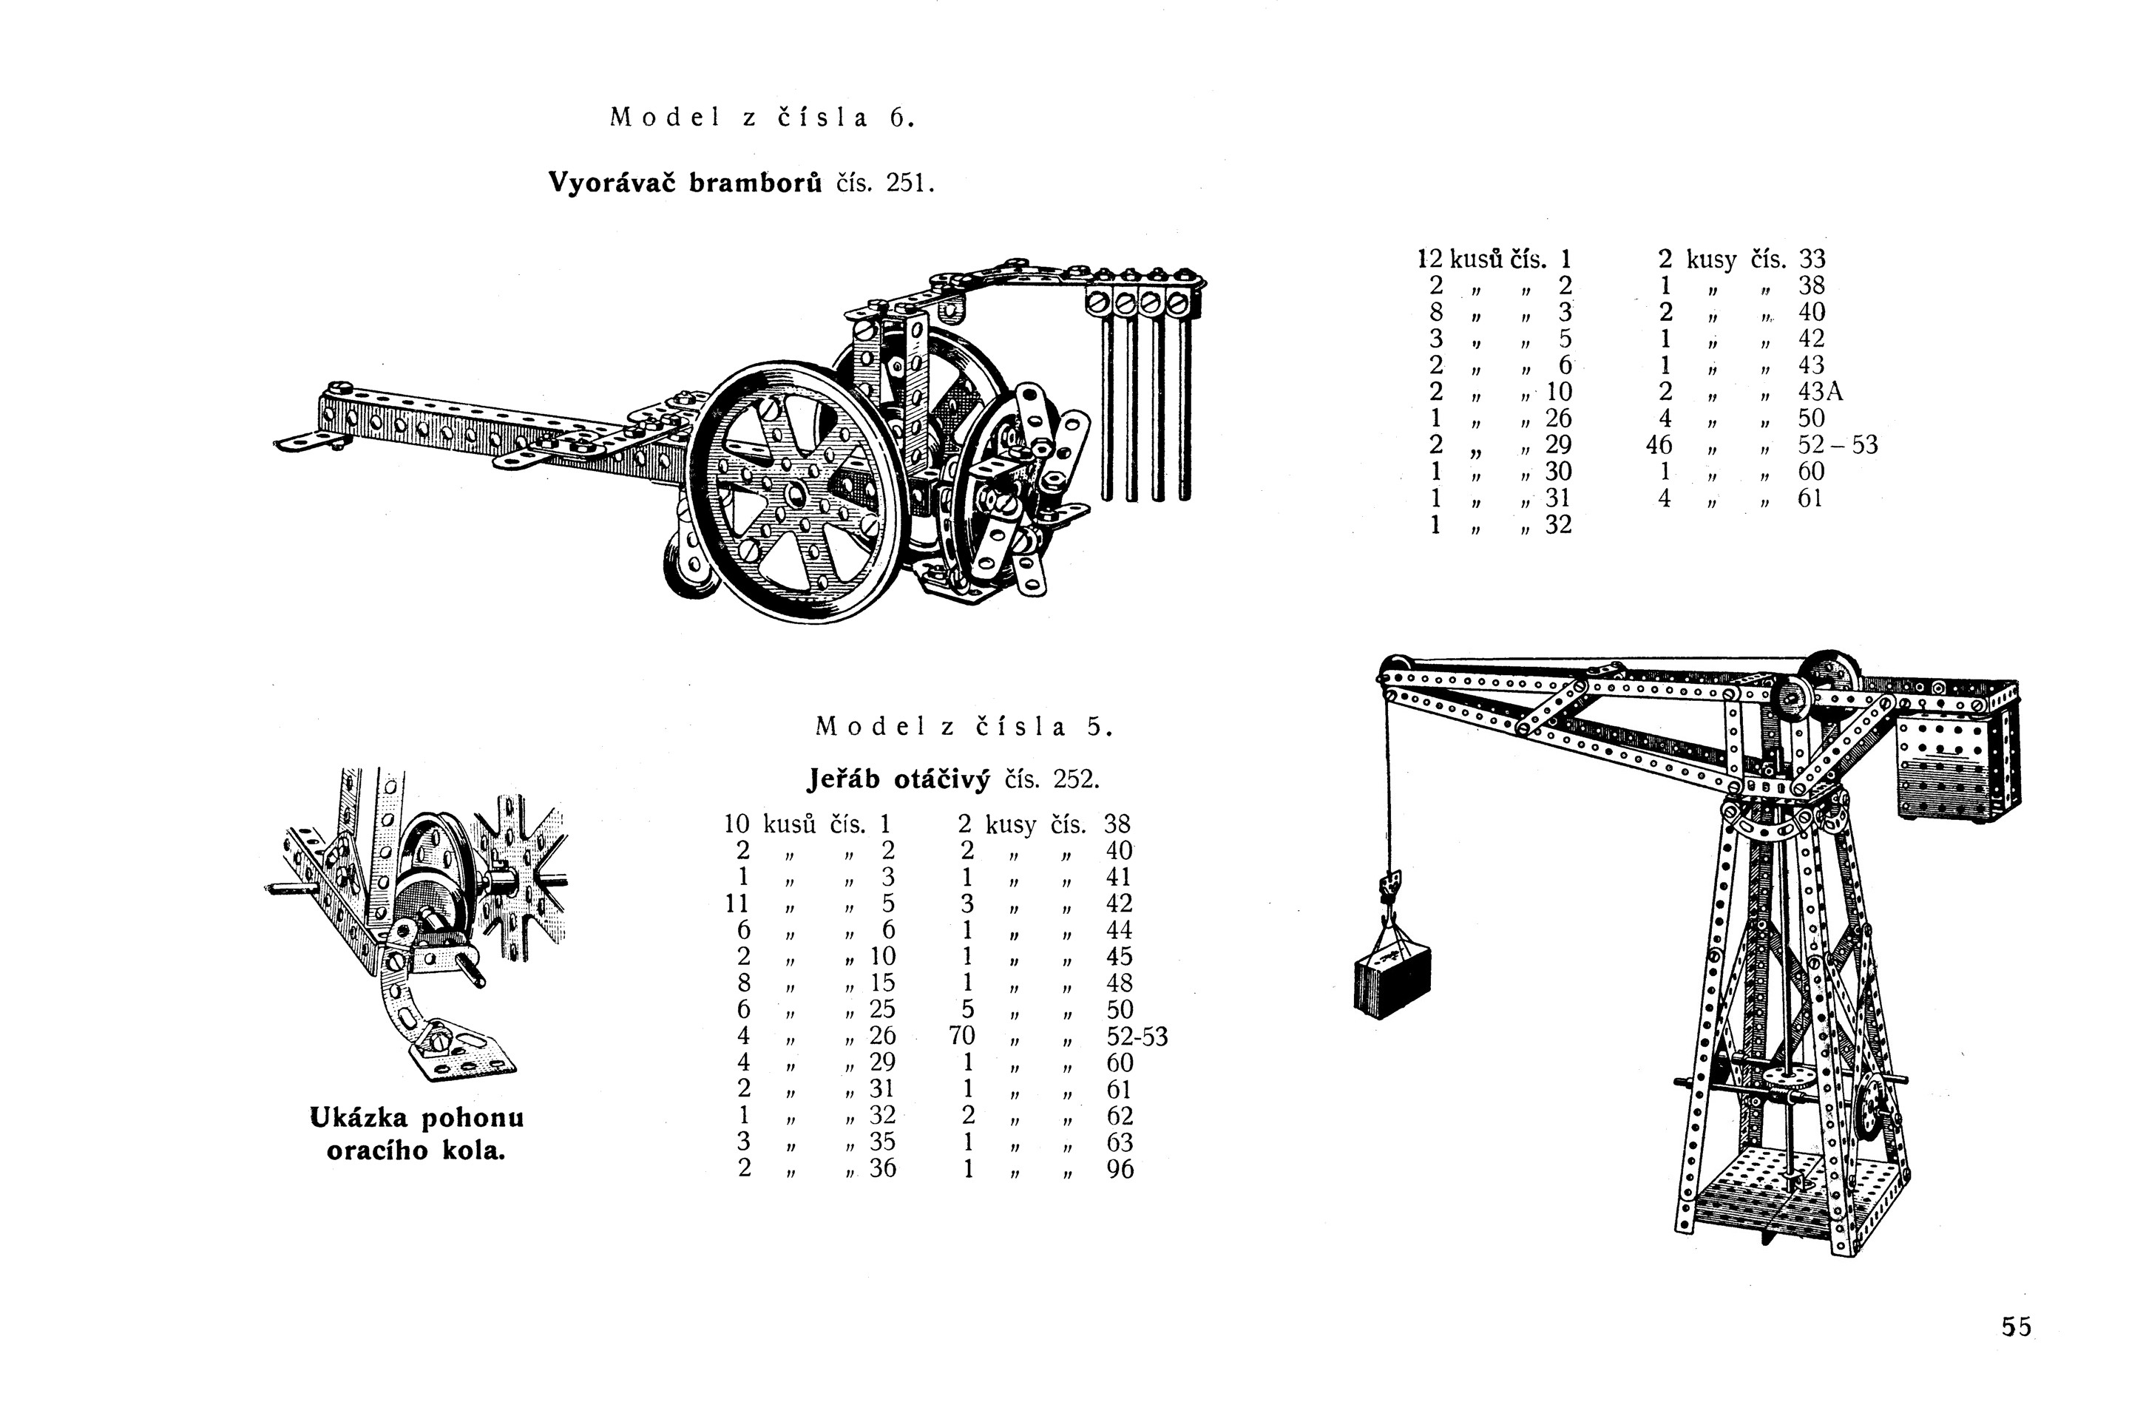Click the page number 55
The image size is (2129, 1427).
(2016, 1327)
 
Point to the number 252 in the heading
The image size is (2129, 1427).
(1074, 780)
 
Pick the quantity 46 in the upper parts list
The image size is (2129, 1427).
(1659, 445)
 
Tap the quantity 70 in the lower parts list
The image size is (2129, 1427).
(961, 1036)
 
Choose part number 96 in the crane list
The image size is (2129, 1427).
(1120, 1168)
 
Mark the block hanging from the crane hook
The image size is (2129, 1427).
(1392, 981)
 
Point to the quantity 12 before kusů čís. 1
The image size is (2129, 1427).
(1430, 260)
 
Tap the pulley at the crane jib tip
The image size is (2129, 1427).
(1392, 669)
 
